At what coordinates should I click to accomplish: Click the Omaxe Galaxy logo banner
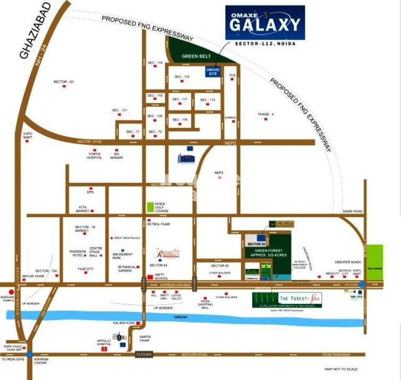[x=265, y=23]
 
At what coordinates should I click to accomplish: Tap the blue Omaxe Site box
[x=213, y=71]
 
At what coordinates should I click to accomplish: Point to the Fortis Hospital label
[x=95, y=155]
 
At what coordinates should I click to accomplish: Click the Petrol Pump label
[x=158, y=225]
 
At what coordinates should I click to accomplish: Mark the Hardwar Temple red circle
[x=11, y=292]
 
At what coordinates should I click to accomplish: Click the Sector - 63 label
[x=64, y=81]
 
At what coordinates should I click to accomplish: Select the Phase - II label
[x=266, y=114]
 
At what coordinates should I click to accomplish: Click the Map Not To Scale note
[x=340, y=369]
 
